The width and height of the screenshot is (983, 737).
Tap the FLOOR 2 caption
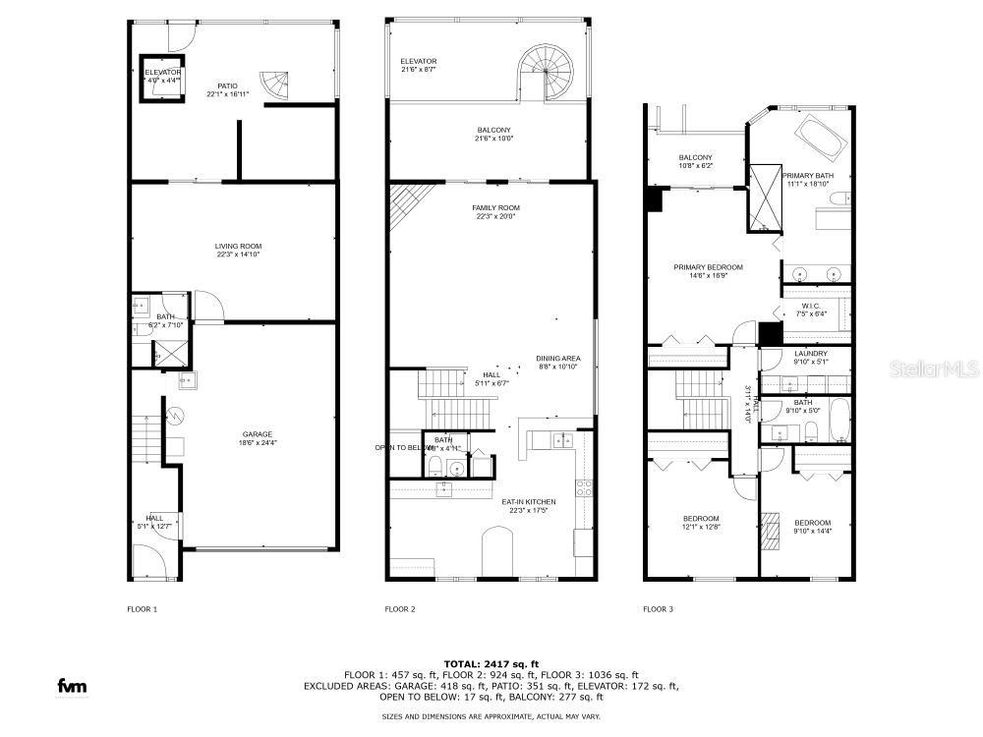(400, 609)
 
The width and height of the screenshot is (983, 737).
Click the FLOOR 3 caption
(659, 609)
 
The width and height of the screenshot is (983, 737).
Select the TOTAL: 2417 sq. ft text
(491, 663)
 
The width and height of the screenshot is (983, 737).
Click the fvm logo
(71, 686)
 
